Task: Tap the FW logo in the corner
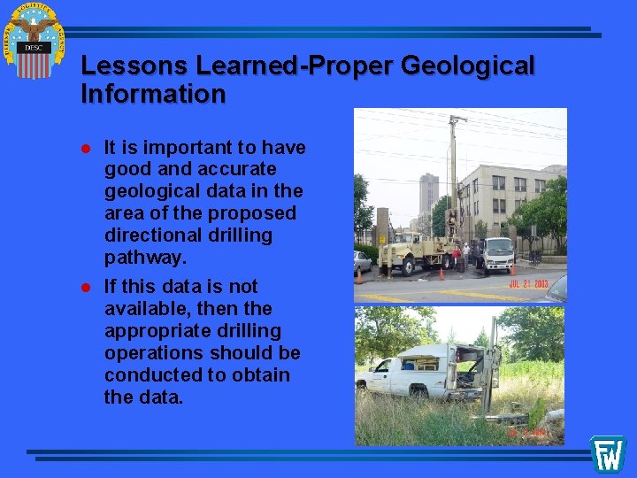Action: point(608,453)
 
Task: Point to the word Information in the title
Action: point(153,94)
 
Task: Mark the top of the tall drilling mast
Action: point(457,119)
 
